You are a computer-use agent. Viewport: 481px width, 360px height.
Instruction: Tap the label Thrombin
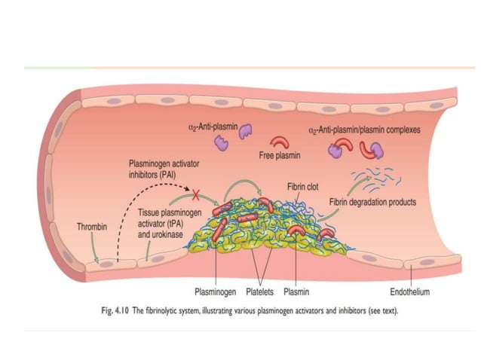tap(92, 226)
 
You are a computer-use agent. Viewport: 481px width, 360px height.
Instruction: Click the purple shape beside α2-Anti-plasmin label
tap(246, 133)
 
